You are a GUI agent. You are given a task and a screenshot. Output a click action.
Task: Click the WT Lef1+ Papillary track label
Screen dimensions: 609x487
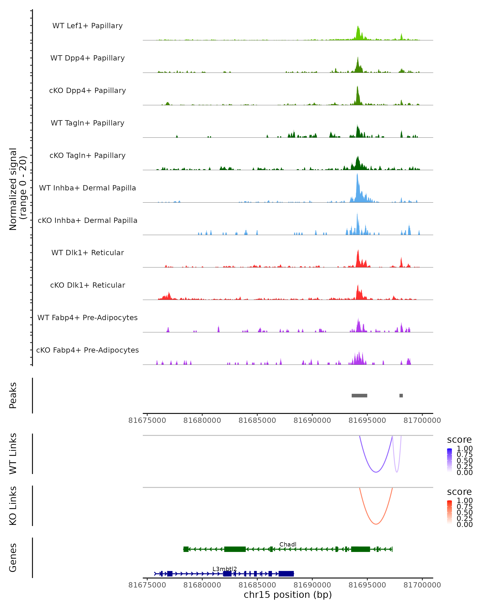87,26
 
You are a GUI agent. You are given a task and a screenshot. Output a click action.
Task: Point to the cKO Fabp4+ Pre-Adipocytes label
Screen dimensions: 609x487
87,350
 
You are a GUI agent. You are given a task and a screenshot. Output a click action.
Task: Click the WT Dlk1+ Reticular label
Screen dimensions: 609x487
87,253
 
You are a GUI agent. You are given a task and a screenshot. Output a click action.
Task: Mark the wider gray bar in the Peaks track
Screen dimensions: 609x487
359,395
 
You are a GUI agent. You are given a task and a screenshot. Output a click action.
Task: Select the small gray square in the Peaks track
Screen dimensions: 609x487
401,395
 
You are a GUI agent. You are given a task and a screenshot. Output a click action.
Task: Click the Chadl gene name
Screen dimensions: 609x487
288,544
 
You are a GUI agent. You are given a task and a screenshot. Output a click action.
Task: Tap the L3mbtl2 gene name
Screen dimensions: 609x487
224,569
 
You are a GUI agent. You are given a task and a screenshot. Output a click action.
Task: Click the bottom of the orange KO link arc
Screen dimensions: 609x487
376,524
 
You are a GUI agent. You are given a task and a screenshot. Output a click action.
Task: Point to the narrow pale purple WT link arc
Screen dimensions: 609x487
397,472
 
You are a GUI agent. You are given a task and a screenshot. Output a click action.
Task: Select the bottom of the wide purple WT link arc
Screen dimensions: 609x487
376,472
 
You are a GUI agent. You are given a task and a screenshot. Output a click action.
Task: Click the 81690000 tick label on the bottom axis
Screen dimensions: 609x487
312,585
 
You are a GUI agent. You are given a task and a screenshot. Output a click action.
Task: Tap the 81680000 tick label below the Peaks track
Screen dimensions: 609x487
202,420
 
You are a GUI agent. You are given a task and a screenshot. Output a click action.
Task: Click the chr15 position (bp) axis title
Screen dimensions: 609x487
288,595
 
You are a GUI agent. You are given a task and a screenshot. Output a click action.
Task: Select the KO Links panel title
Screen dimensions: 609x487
13,506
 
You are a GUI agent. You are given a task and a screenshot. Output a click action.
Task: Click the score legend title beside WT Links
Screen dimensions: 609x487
459,440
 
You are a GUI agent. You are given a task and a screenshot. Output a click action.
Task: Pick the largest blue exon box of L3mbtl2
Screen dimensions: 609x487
286,574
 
